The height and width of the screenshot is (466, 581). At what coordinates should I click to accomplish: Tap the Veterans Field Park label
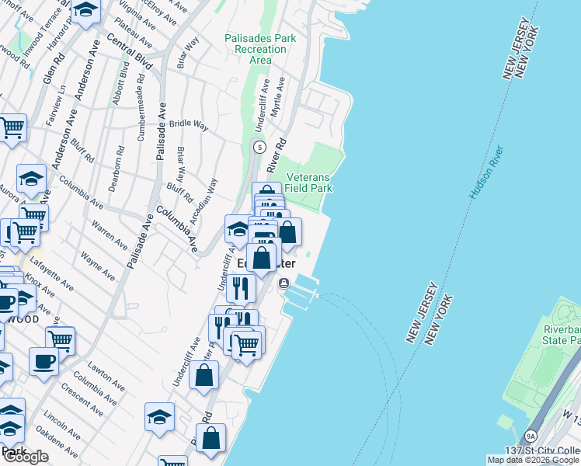(308, 183)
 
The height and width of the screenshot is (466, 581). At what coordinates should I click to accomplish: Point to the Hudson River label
(486, 173)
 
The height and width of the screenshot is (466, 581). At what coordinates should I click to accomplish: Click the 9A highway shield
(531, 436)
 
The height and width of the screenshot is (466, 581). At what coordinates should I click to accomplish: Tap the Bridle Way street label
(190, 123)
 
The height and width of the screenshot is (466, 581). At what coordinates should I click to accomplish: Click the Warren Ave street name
(110, 235)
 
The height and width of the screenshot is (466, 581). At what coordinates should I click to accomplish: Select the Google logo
(26, 457)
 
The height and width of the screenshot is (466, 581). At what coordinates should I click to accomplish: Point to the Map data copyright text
(534, 460)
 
